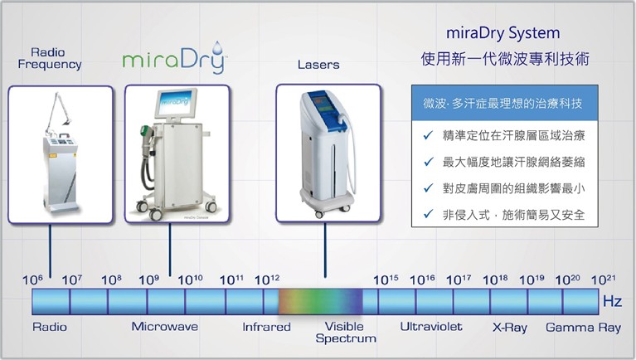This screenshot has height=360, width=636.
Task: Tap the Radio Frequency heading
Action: point(50,58)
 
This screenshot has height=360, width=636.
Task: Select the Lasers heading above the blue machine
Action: point(318,65)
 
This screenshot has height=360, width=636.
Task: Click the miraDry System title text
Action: point(503,33)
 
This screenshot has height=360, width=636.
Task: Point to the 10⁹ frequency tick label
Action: point(149,280)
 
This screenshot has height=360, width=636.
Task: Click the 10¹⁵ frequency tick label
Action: point(386,280)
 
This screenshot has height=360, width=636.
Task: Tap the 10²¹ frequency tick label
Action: point(603,280)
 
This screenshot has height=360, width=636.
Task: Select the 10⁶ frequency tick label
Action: point(32,280)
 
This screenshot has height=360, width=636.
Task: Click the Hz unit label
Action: point(612,301)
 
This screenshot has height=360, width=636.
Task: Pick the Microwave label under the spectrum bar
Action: point(165,327)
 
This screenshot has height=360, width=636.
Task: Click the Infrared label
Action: point(266,327)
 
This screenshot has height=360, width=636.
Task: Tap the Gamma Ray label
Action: point(583,328)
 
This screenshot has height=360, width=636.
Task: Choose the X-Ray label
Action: point(510,328)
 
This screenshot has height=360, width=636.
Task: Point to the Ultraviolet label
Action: point(431,327)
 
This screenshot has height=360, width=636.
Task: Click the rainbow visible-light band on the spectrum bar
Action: point(320,301)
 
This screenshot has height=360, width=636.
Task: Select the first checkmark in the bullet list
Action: point(428,135)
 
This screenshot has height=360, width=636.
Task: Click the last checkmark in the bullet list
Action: point(428,214)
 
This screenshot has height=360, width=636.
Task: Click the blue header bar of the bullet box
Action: point(505,103)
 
